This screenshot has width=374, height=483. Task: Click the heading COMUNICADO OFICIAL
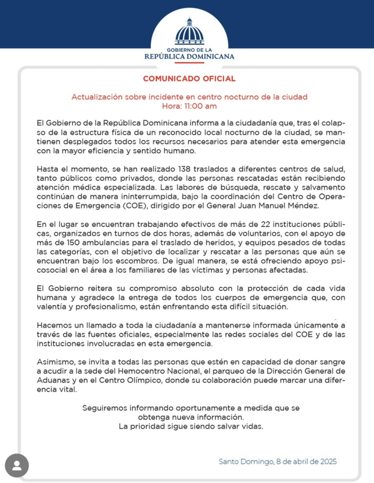(189, 79)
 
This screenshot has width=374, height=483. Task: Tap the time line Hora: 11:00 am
(189, 106)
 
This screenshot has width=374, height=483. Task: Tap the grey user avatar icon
(17, 466)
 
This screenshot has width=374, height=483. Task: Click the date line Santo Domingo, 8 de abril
(278, 461)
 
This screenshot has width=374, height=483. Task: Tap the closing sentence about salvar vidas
(190, 426)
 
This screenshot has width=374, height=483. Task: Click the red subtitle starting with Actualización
(189, 97)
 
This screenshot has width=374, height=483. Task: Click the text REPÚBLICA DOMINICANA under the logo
(189, 57)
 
